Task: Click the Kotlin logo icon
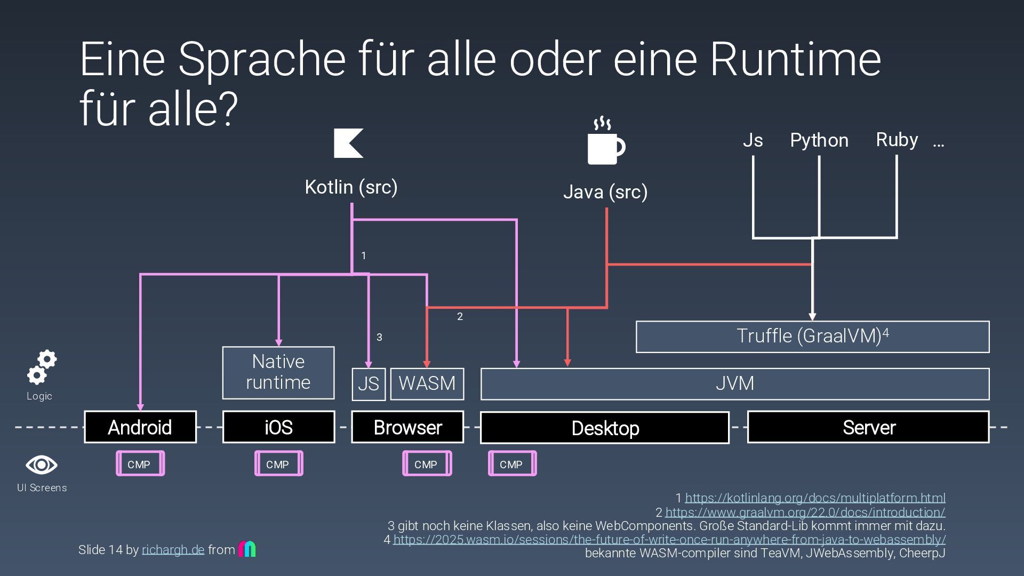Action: coord(348,143)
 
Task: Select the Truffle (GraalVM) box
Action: coord(812,337)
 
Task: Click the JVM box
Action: coord(734,383)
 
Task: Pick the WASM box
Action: coord(427,383)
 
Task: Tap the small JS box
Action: coord(368,384)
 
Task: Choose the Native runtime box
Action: coord(278,372)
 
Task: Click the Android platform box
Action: coord(140,427)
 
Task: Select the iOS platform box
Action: coord(278,427)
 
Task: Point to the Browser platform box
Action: coord(407,427)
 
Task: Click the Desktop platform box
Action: coord(604,428)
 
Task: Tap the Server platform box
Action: coord(868,427)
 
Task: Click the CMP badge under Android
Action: coord(140,464)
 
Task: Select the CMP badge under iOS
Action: coord(278,464)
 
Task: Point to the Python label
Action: coord(819,140)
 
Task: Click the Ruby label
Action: coord(897,140)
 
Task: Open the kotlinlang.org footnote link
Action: coord(814,498)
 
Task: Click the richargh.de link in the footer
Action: coord(173,550)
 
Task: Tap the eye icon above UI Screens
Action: coord(42,465)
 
